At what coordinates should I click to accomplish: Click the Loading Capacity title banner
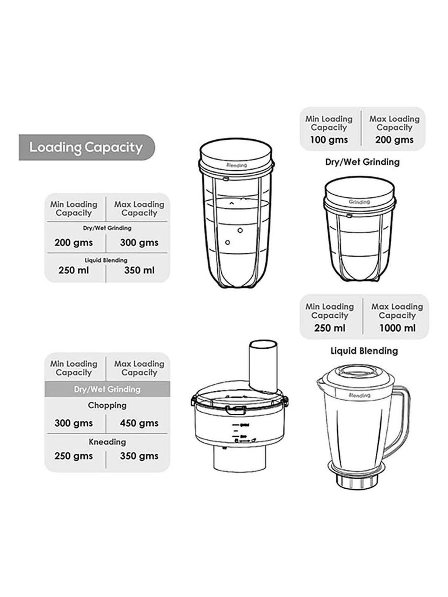pos(86,147)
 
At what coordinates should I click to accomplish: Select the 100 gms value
pos(329,140)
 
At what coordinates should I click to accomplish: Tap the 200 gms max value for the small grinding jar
pos(394,140)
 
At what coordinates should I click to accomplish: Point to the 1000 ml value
pos(397,328)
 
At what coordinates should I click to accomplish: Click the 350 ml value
pos(139,270)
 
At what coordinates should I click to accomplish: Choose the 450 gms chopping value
pos(139,423)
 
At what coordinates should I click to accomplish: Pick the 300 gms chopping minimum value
pos(73,423)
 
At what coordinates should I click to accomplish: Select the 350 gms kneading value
pos(139,456)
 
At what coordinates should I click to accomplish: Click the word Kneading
pos(107,442)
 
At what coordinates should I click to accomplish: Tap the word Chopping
pos(107,405)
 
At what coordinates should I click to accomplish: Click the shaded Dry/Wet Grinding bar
pos(107,389)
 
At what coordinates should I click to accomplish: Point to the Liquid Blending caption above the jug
pos(364,351)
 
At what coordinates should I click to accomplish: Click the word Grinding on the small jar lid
pos(359,202)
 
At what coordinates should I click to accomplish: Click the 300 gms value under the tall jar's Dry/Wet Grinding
pos(139,243)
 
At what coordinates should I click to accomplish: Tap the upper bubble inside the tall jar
pos(240,230)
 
